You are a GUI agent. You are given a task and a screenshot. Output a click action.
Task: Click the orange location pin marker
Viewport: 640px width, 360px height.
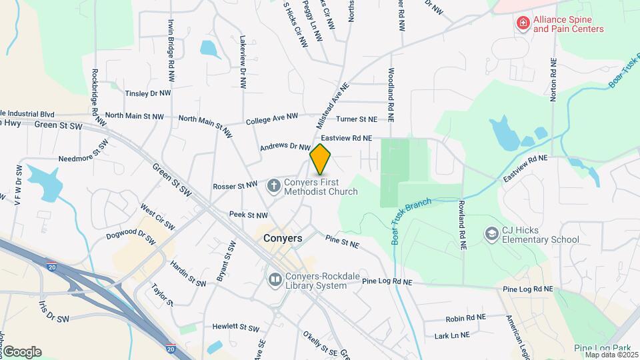point(321,159)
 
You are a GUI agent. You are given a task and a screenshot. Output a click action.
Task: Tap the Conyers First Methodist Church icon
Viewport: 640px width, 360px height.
point(273,185)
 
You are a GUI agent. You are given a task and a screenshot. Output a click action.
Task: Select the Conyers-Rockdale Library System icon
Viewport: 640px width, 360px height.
point(274,279)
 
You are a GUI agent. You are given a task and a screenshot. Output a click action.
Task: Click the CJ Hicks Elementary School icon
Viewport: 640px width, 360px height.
point(491,234)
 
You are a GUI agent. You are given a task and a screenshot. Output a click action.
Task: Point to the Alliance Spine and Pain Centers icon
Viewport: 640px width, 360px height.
point(523,24)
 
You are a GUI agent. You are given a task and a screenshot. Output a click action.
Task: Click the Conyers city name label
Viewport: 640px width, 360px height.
point(282,238)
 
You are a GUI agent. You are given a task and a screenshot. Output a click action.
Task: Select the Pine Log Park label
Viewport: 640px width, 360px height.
point(602,348)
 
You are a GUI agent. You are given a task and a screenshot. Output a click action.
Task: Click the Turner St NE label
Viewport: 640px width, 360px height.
point(357,119)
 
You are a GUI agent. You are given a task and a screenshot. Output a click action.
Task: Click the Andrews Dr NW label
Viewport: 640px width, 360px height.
point(285,145)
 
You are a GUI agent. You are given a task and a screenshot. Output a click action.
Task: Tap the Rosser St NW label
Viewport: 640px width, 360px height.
point(235,185)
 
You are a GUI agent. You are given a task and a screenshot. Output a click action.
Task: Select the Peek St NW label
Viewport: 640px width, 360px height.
point(248,215)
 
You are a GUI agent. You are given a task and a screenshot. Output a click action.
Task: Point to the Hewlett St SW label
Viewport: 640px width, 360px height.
point(235,327)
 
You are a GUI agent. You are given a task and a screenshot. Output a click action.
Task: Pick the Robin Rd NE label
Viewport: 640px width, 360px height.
point(465,318)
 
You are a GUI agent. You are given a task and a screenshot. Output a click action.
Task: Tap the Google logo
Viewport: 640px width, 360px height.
point(22,352)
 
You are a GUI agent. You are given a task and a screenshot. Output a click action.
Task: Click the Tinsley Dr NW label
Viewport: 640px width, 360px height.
point(148,93)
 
